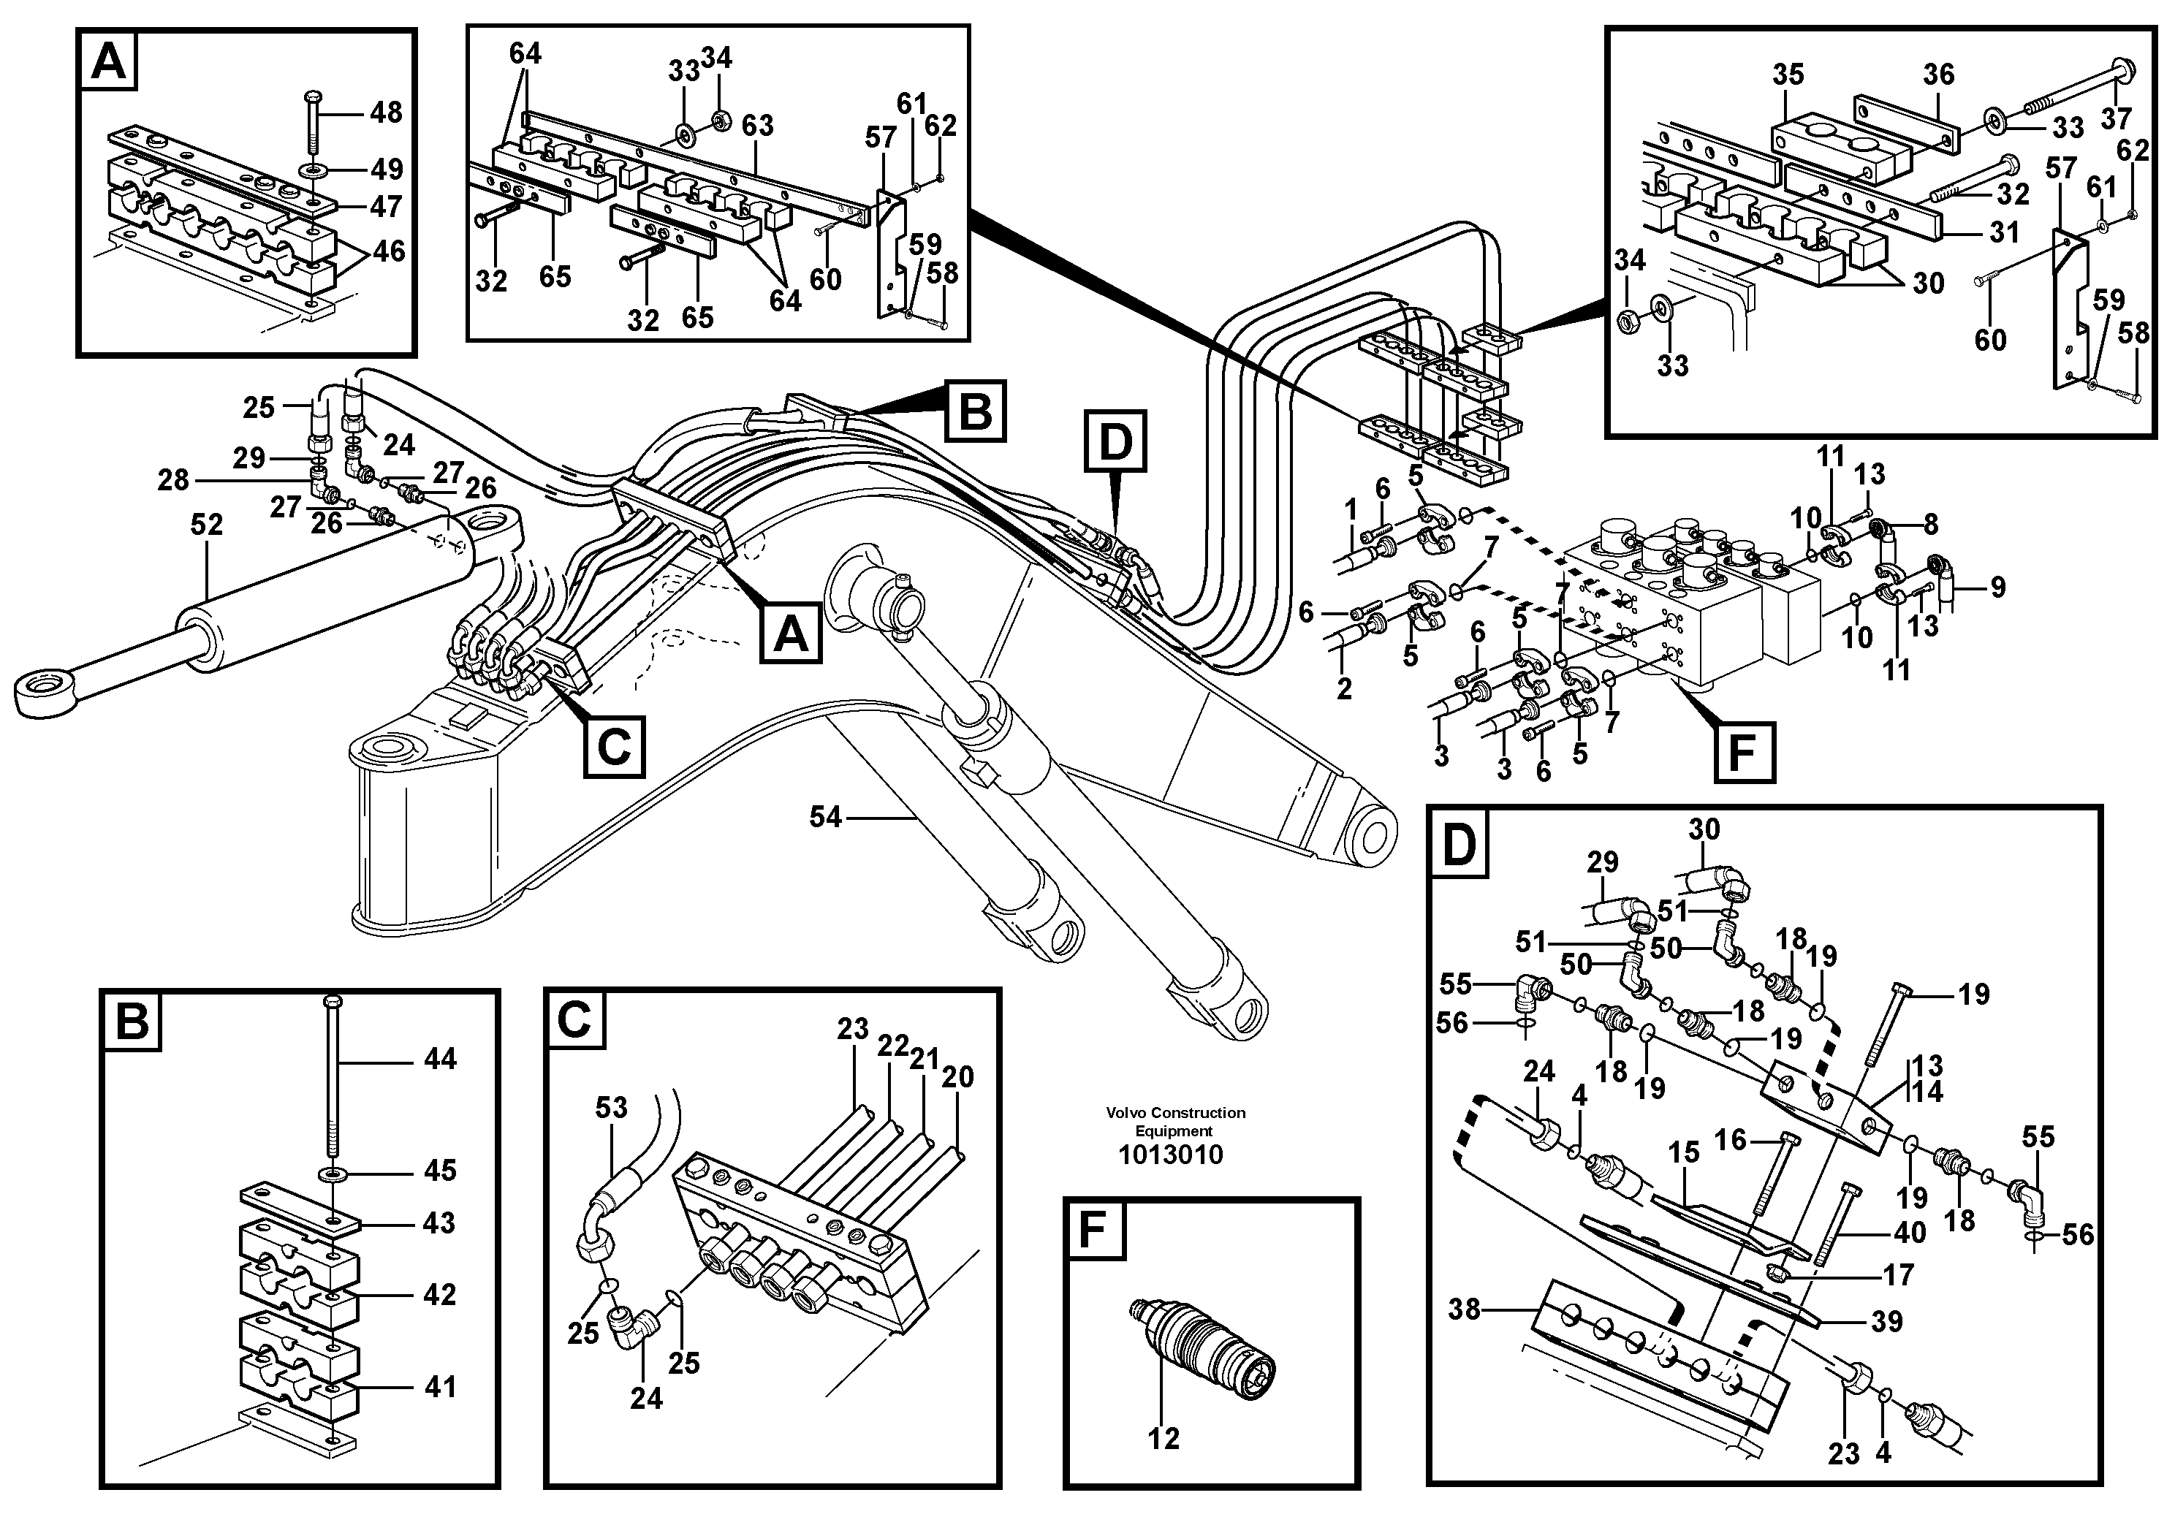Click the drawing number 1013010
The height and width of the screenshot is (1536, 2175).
(1170, 1155)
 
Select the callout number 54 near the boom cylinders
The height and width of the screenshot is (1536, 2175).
(825, 816)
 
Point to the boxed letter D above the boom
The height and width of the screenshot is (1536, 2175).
(1115, 441)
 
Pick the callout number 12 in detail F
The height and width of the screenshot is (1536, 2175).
(1164, 1439)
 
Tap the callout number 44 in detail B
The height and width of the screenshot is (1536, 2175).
(439, 1058)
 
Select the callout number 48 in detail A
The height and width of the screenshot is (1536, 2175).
(386, 113)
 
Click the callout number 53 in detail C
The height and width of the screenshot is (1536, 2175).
(611, 1107)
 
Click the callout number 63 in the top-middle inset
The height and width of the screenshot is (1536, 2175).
(757, 125)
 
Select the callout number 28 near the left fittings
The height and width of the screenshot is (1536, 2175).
(173, 479)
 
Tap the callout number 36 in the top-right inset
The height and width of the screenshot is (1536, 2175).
(1938, 74)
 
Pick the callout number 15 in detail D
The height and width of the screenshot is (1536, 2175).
(1683, 1152)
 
